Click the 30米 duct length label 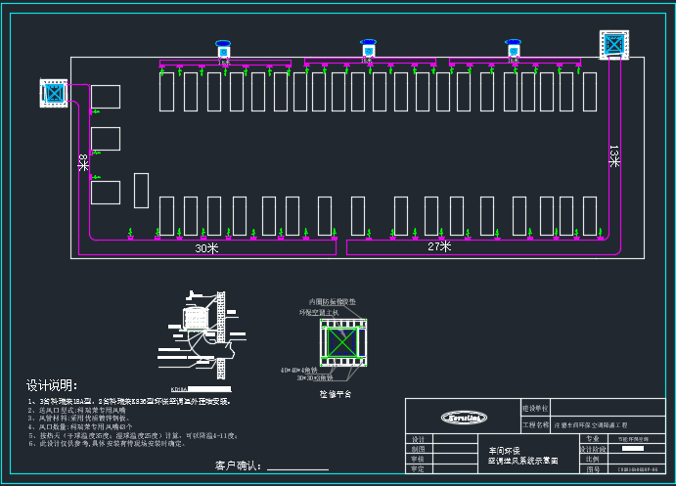pyautogui.click(x=206, y=248)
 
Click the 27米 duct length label pyautogui.click(x=438, y=246)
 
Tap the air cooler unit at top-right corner pyautogui.click(x=614, y=44)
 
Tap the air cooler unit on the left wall pyautogui.click(x=52, y=93)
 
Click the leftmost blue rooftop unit pyautogui.click(x=223, y=48)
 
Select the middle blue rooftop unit pyautogui.click(x=368, y=48)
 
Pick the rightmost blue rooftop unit pyautogui.click(x=513, y=48)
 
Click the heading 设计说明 pyautogui.click(x=51, y=384)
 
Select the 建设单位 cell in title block pyautogui.click(x=536, y=407)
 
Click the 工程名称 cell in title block pyautogui.click(x=536, y=425)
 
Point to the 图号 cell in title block pyautogui.click(x=593, y=469)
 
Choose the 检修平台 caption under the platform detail pyautogui.click(x=336, y=393)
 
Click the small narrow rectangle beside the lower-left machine pyautogui.click(x=141, y=190)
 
